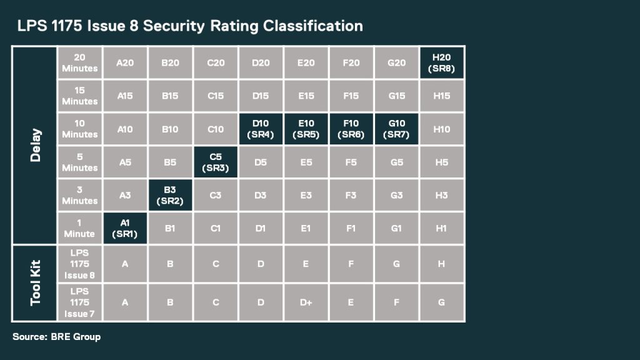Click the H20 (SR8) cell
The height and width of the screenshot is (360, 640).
coord(441,63)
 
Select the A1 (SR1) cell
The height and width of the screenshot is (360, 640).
coord(125,229)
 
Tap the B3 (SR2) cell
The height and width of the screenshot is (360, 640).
coord(170,196)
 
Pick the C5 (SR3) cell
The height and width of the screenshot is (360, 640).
coord(216,162)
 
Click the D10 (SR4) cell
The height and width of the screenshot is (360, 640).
coord(261,129)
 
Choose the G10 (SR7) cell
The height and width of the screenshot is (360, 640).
coord(396,129)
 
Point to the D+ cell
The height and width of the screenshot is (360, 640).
coord(306,302)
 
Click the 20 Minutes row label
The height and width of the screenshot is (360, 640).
coord(79,63)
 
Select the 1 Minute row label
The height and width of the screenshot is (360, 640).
coord(79,229)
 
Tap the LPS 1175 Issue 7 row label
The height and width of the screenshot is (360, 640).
coord(79,302)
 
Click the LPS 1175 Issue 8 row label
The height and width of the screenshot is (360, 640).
coord(79,264)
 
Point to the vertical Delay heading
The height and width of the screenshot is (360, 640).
coord(35,145)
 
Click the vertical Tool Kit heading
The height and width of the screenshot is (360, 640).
coord(35,284)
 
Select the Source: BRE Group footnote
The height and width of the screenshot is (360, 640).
coord(56,337)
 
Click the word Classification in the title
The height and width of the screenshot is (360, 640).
coord(312,26)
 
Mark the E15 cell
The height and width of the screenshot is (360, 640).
coord(306,96)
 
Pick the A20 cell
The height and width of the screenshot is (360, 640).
coord(125,63)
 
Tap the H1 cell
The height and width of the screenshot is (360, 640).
coord(441,229)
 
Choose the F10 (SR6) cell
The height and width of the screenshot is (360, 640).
coord(351,129)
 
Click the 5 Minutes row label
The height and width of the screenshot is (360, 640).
coord(79,162)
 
